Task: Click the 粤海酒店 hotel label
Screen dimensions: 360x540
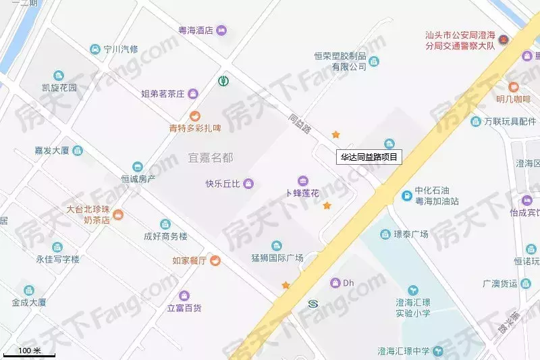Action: (x=196, y=30)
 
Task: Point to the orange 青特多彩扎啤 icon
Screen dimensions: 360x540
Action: (x=195, y=116)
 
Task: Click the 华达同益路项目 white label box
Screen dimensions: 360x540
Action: (x=369, y=157)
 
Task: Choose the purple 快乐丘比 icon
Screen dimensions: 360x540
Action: (x=248, y=183)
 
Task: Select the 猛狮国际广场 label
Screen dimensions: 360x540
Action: (x=277, y=257)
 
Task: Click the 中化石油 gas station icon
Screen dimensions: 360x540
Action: (x=407, y=196)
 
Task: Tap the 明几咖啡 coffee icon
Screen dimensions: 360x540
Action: (x=513, y=87)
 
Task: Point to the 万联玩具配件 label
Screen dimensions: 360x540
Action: (x=509, y=122)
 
